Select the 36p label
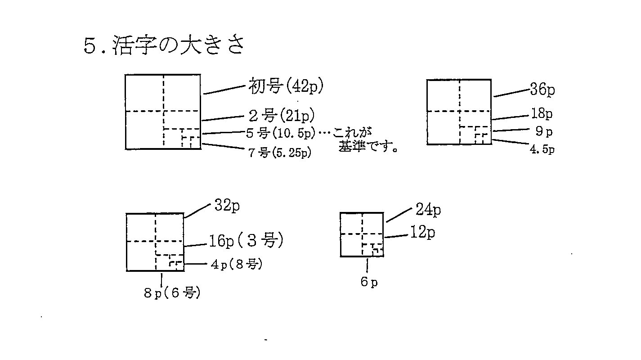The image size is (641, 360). (542, 90)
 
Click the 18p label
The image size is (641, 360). (542, 113)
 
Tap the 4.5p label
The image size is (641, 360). (542, 150)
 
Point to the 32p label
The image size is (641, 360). (227, 206)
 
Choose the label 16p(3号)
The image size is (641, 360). (246, 241)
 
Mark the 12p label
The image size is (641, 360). (423, 233)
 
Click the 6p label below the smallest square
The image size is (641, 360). (368, 282)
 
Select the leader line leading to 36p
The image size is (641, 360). (511, 93)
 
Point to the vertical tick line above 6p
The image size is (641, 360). (368, 265)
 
